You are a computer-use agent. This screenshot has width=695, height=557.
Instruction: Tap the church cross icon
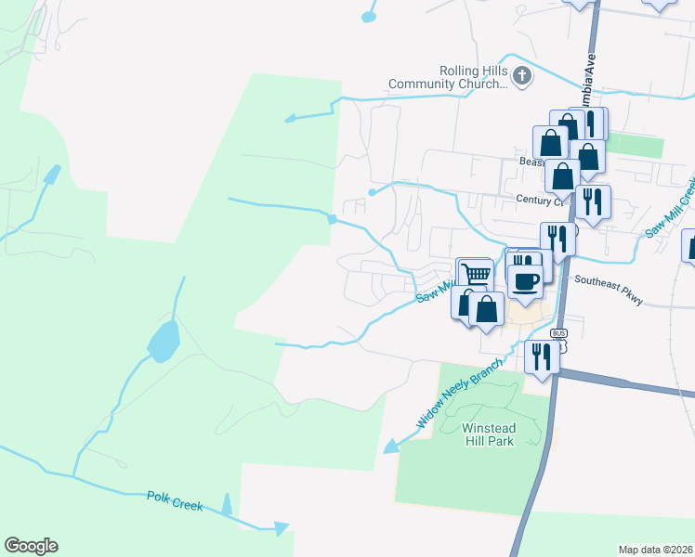tap(522, 76)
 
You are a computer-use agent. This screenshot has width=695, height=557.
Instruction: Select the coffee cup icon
tap(525, 281)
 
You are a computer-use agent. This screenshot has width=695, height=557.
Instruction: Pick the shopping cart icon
tap(476, 274)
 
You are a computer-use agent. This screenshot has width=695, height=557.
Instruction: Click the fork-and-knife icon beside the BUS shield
tap(540, 354)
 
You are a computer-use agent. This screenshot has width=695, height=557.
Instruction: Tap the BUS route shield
tap(558, 333)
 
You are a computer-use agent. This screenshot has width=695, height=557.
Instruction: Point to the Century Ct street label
tap(539, 200)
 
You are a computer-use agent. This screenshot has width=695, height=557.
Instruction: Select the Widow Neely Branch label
tap(459, 394)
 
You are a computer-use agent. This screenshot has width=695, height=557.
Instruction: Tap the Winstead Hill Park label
tap(488, 434)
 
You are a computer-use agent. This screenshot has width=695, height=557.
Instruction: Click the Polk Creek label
tap(175, 501)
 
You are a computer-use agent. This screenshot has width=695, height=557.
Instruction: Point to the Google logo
tap(31, 546)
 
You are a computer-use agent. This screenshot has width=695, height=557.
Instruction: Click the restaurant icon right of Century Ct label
tap(592, 200)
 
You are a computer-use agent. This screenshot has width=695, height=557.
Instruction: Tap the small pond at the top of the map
tap(370, 16)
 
